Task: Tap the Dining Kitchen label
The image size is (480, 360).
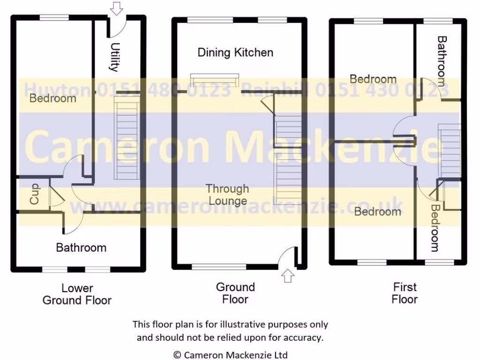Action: (235, 52)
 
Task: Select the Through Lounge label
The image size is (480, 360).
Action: (227, 195)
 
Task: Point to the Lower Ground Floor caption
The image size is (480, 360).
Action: (77, 294)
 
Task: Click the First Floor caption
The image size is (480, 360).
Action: (405, 292)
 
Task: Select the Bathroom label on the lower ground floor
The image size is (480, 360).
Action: (81, 247)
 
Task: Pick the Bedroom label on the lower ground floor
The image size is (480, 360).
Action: (52, 98)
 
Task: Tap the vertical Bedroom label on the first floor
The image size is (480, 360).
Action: (435, 228)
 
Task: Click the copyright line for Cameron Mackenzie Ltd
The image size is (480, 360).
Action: (230, 355)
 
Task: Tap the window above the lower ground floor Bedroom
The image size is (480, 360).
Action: (54, 17)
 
